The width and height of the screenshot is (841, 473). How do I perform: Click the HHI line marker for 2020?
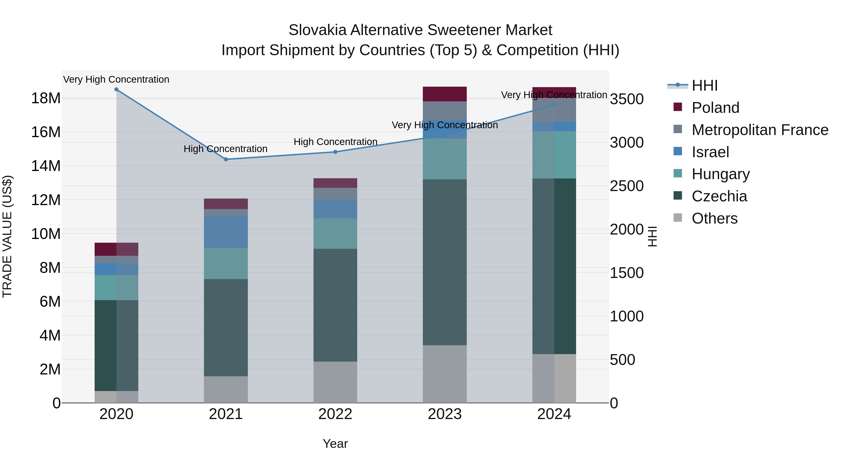[116, 89]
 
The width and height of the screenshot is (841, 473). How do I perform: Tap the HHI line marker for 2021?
[226, 159]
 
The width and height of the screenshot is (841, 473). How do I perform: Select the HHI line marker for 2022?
[335, 152]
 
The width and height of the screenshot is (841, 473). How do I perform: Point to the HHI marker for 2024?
[554, 105]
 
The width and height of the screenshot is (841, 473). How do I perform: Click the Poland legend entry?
[715, 108]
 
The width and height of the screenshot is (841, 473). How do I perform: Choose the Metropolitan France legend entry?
[759, 130]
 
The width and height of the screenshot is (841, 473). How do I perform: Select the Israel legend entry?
[710, 152]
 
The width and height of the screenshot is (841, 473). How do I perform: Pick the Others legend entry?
[714, 218]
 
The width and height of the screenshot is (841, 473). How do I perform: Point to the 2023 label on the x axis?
[445, 414]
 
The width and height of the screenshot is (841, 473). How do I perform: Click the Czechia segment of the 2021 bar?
[226, 327]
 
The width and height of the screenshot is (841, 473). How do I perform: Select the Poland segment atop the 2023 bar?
[445, 94]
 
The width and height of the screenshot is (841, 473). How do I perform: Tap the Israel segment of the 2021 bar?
[226, 232]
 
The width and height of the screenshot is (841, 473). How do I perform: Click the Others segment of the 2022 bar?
[335, 382]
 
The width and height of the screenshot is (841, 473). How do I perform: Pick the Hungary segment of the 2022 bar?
[335, 233]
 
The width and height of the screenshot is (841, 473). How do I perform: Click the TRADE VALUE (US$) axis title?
[7, 236]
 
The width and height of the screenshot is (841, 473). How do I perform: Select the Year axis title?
[335, 444]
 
